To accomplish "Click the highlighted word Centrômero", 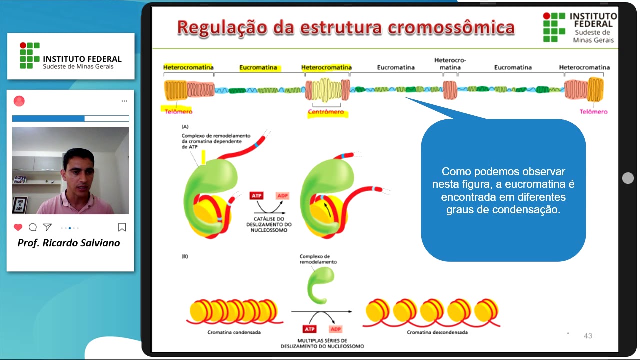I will point(326,112).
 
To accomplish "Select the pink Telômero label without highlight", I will point(593,112).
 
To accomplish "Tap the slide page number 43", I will point(588,336).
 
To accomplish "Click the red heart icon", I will point(18,227).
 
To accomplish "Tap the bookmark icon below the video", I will point(122,227).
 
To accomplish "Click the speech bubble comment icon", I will point(33,227).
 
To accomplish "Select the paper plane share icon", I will point(47,227).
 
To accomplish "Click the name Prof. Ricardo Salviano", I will point(69,243).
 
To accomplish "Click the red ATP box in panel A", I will point(256,195).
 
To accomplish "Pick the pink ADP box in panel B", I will point(335,329).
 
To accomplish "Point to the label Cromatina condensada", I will point(234,332).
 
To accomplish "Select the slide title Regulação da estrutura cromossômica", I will point(346,28).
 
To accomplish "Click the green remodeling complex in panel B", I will point(318,285).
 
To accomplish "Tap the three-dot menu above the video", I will point(124,101).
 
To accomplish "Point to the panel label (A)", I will point(185,127).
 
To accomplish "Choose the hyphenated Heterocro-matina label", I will point(450,64).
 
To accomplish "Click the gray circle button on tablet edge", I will point(628,178).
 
